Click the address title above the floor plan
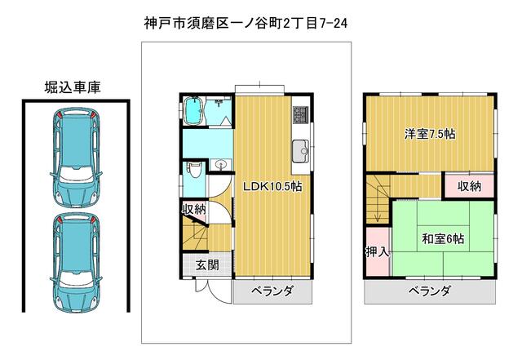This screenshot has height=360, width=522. (246, 24)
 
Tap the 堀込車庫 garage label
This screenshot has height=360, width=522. (73, 87)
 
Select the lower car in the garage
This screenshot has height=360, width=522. (76, 262)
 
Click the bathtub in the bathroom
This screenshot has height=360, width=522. (193, 111)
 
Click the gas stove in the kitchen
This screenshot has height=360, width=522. (301, 114)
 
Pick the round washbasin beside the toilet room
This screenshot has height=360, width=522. (220, 165)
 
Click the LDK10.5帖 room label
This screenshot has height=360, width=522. (272, 186)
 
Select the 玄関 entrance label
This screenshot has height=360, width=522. (207, 265)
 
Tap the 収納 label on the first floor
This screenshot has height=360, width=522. (194, 210)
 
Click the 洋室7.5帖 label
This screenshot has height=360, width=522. (430, 134)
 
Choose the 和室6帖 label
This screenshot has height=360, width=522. (443, 238)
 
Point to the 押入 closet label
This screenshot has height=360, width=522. (378, 251)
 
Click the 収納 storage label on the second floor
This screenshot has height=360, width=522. (470, 186)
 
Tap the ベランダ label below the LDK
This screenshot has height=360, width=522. (272, 291)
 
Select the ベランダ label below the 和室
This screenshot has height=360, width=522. (430, 291)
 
